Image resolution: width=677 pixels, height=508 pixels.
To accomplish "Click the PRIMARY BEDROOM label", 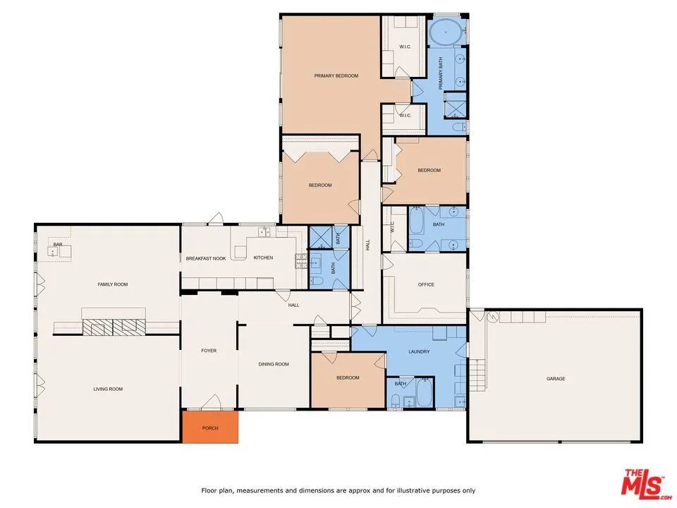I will coord(336,75).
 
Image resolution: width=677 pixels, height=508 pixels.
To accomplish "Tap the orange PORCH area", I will coord(210,428).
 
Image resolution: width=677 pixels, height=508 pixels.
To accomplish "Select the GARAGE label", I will coord(556,379).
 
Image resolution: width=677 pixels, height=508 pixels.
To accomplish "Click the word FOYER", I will coord(209,351).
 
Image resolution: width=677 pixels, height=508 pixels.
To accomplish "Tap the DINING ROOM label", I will coord(274,364).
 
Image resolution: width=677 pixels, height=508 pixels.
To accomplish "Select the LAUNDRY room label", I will coord(419,351).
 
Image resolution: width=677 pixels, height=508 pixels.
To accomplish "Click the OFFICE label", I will coord(426,284).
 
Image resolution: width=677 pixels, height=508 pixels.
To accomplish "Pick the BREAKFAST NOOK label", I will coord(206,258).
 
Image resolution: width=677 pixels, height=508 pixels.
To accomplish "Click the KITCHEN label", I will coord(263,258).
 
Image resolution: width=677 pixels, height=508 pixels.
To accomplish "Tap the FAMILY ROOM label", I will coord(112,284).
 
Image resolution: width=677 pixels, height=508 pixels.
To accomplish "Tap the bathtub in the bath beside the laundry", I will coord(424,392).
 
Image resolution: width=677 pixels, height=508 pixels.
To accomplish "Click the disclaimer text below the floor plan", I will coord(338,490).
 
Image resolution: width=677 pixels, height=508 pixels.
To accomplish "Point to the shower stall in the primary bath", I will coord(455,106).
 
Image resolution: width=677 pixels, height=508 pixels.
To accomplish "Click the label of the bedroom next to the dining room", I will coord(348,377).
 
